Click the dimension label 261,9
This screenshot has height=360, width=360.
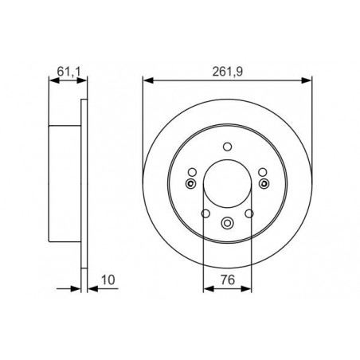pos(228,72)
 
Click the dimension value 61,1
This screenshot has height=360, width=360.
pos(68,72)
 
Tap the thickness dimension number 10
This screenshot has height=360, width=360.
pos(108,280)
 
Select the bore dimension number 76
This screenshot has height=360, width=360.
pos(228,280)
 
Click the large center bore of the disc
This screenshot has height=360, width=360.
pos(227,184)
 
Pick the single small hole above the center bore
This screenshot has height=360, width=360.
pos(228,147)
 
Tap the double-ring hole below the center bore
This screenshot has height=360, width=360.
pos(227,223)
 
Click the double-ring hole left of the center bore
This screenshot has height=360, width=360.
pos(190,183)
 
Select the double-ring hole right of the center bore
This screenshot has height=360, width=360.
pos(264,183)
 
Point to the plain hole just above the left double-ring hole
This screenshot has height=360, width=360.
pos(192,172)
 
